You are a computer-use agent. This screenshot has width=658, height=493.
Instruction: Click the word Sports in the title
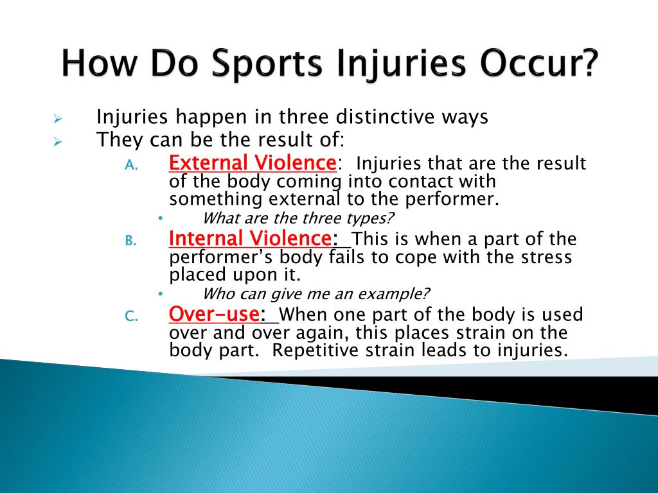click(267, 64)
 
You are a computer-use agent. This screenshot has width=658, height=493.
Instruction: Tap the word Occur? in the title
click(539, 62)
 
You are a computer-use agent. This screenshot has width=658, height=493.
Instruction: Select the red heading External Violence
click(253, 162)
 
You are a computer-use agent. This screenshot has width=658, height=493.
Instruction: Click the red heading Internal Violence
click(251, 238)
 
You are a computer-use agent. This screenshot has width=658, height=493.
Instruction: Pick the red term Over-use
click(214, 314)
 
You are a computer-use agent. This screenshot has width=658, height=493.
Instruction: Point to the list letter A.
click(131, 165)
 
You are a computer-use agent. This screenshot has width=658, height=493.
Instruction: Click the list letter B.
click(131, 241)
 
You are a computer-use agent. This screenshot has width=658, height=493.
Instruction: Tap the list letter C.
click(131, 316)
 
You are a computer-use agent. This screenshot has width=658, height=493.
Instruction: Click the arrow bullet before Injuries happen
click(58, 119)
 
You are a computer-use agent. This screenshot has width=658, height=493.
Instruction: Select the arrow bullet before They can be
click(58, 142)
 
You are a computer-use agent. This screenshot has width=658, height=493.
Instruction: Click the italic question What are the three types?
click(298, 218)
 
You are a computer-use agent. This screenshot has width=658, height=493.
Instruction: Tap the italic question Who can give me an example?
click(316, 293)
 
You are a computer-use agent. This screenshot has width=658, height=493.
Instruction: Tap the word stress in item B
click(546, 257)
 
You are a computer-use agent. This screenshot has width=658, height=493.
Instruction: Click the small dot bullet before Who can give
click(160, 294)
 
